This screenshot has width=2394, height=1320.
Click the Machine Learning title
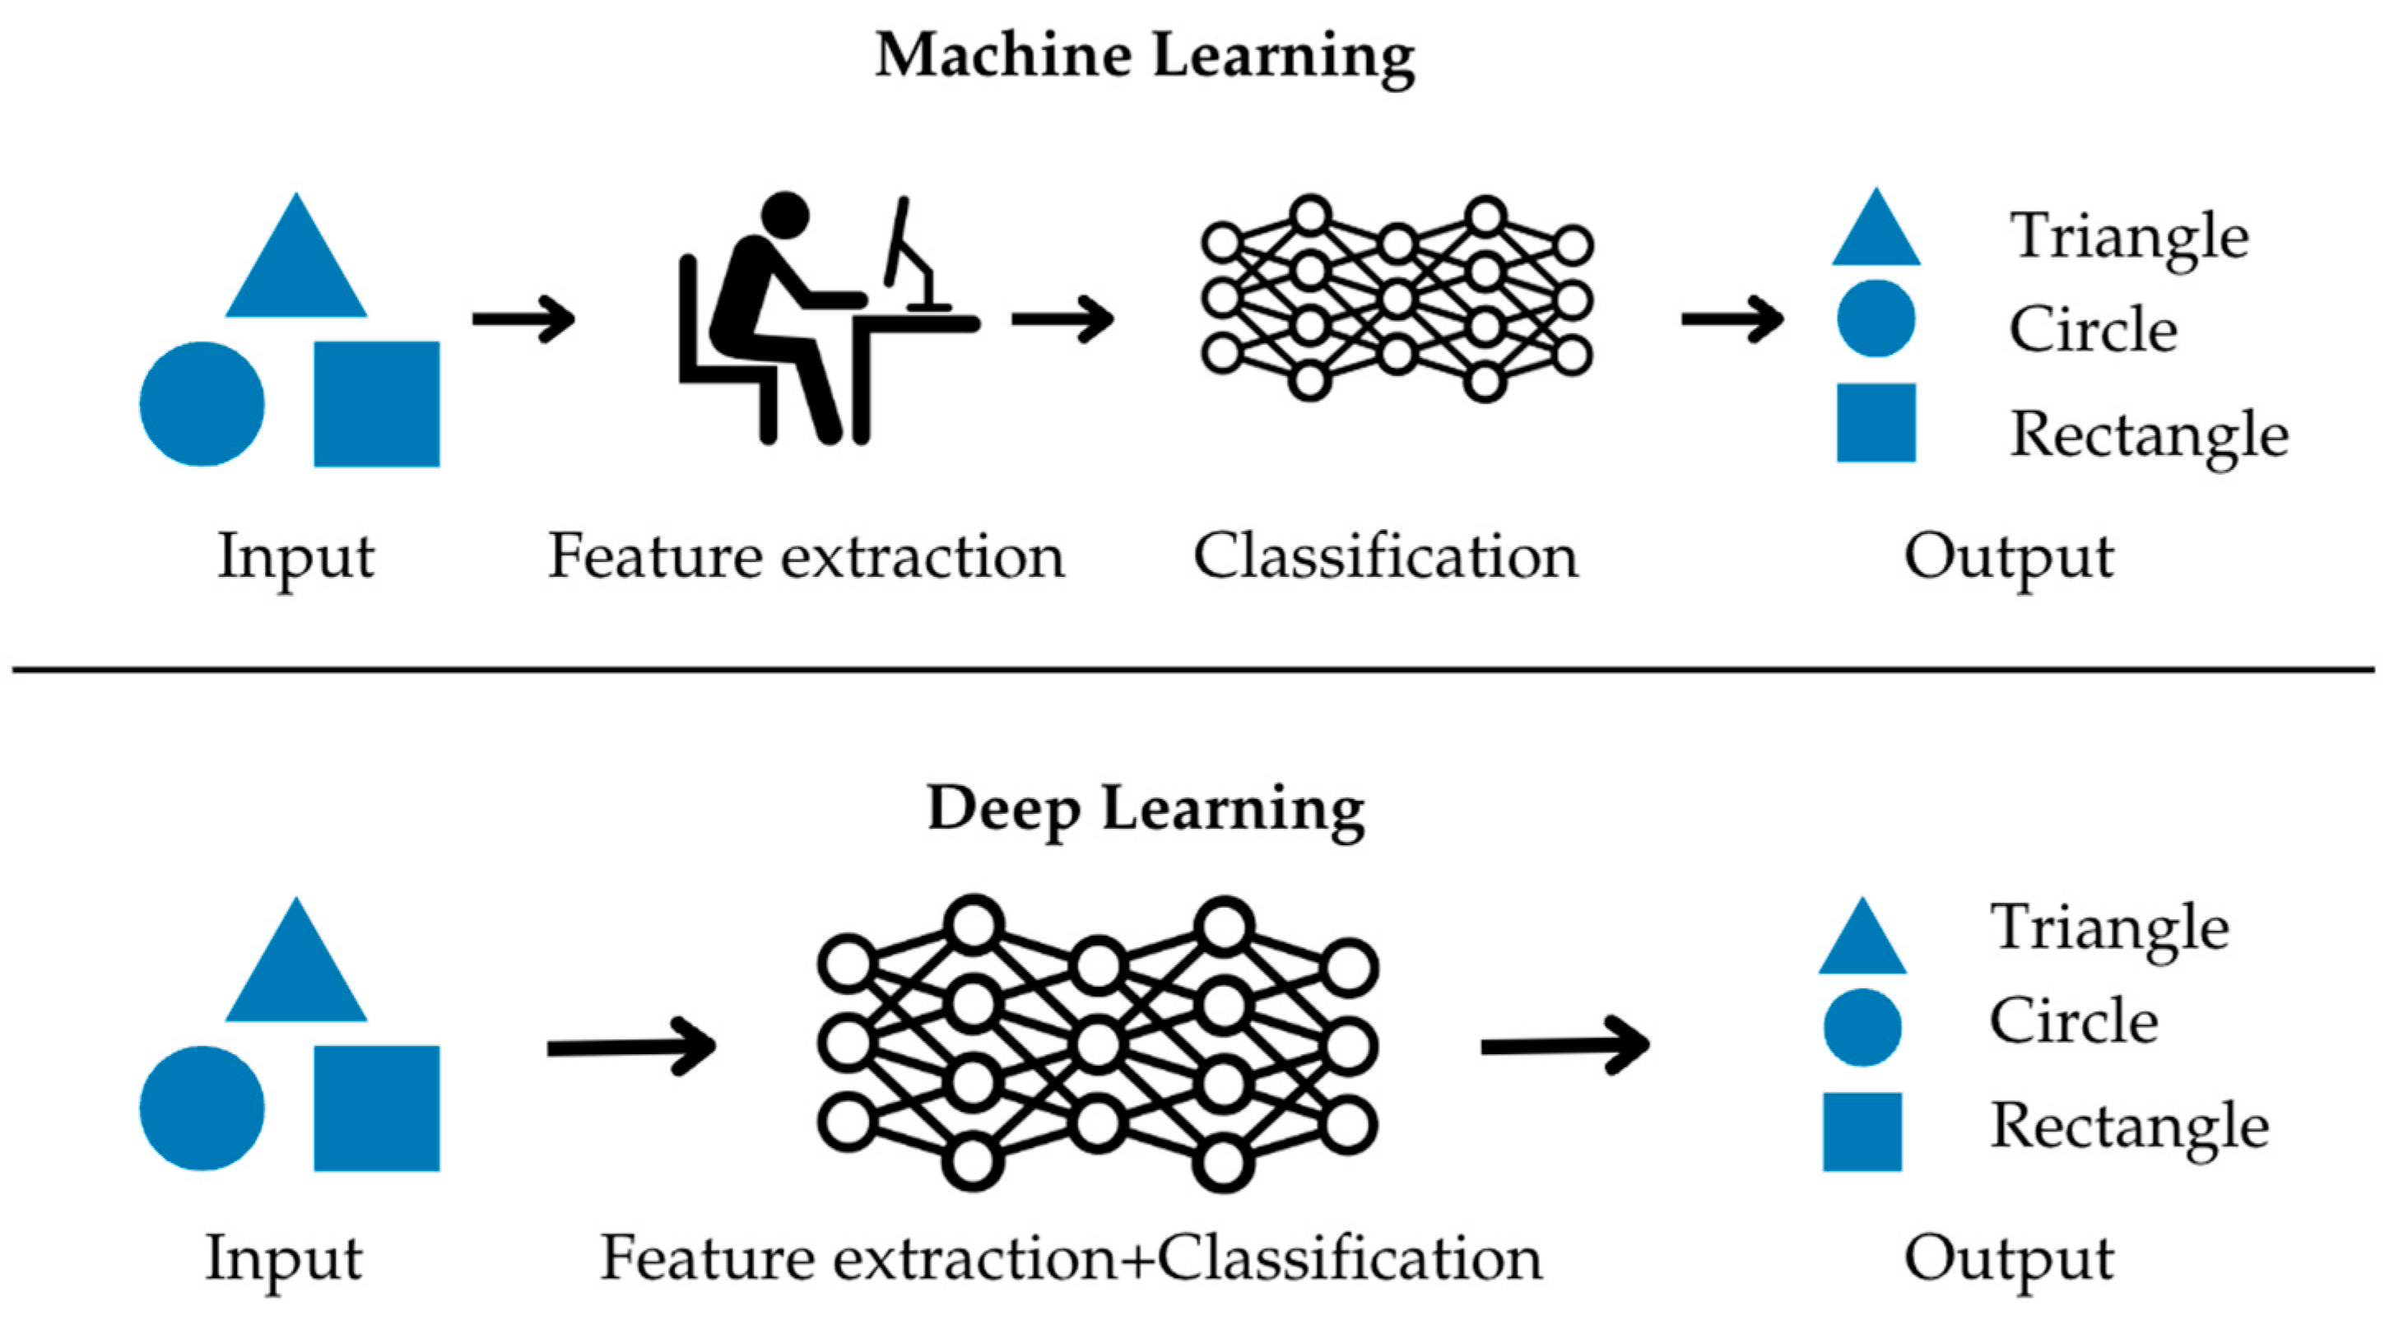tap(1145, 58)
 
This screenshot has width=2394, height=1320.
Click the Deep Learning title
tap(1146, 811)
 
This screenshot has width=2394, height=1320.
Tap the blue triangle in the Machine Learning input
tap(296, 255)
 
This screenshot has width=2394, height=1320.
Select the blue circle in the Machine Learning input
tap(202, 403)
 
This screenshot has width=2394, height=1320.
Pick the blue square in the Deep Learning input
tap(376, 1108)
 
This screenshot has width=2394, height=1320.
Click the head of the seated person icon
tap(785, 216)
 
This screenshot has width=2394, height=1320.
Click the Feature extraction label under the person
tap(806, 557)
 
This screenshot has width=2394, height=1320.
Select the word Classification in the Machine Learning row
tap(1386, 557)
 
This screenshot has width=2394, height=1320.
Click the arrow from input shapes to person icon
tap(524, 318)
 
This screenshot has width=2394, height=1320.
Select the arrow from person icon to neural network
tap(1063, 318)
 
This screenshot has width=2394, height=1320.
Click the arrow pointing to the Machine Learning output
tap(1732, 318)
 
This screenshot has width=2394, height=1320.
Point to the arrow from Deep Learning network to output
tap(1565, 1047)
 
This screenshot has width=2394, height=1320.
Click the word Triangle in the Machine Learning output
tap(2129, 237)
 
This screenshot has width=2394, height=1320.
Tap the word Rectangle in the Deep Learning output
tap(2129, 1127)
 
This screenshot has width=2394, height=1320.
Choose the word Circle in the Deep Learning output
tap(2073, 1020)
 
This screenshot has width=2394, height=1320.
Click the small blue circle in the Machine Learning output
tap(1876, 318)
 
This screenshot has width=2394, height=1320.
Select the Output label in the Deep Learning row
tap(2008, 1261)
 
